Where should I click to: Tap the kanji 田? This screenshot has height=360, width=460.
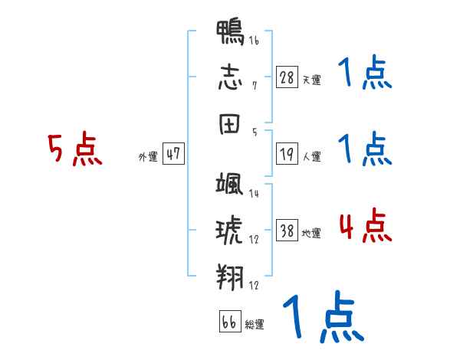tap(230, 123)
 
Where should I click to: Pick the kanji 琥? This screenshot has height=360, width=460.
tap(230, 230)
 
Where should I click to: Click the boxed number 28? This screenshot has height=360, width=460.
tap(287, 77)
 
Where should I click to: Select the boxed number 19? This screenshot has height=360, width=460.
tap(287, 155)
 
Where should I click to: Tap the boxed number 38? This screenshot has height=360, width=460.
tap(287, 231)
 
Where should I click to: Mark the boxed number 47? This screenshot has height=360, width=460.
tap(173, 154)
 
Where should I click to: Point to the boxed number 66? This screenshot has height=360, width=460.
tap(229, 322)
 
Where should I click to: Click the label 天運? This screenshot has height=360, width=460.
tap(311, 80)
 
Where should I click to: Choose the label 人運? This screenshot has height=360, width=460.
tap(311, 157)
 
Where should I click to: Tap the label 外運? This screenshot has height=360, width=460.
tap(147, 157)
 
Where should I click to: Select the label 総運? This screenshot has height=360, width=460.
tap(255, 325)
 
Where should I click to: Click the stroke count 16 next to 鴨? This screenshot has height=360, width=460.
tap(254, 41)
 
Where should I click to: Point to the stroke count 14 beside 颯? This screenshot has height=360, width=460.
tap(254, 194)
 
